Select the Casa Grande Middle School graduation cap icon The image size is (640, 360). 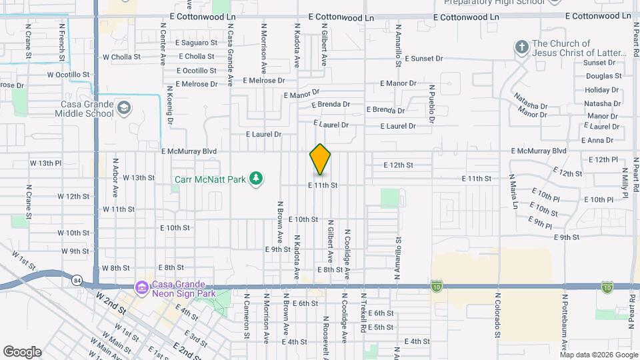(x=123, y=107)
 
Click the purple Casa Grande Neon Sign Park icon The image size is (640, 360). (x=141, y=288)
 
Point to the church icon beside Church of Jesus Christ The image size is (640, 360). (x=521, y=47)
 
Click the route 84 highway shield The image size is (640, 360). (x=77, y=280)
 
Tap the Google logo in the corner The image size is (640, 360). (x=22, y=352)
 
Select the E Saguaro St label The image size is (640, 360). (x=196, y=42)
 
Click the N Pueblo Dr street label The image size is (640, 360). (x=431, y=104)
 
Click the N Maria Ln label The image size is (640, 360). (x=514, y=192)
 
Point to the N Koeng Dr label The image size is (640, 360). (x=171, y=110)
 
